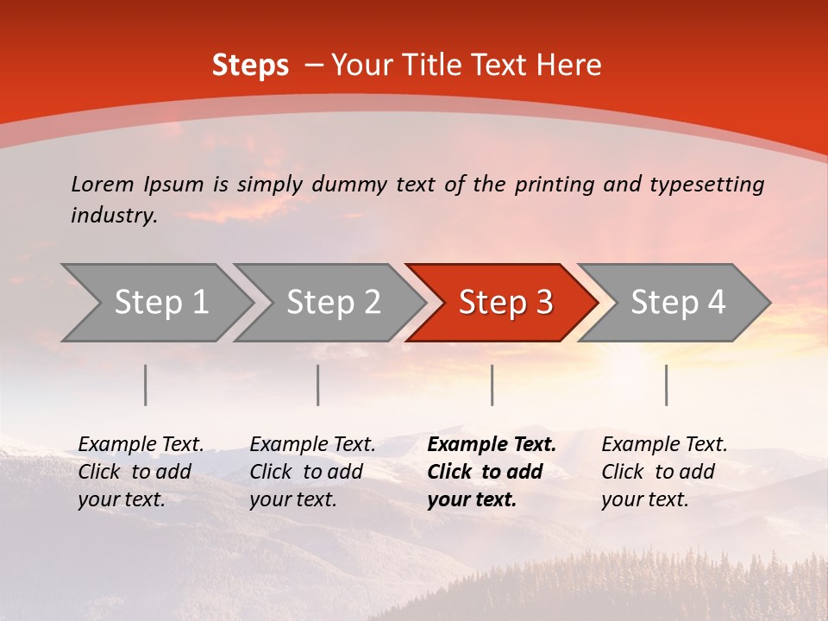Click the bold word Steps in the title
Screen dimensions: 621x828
(x=250, y=66)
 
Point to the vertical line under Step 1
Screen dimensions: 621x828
(x=146, y=385)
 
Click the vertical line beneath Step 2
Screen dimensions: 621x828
(x=318, y=385)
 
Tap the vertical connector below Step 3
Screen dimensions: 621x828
(x=492, y=385)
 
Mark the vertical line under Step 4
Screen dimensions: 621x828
(x=667, y=385)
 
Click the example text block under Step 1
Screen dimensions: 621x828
(x=141, y=472)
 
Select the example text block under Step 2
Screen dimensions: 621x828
(x=312, y=472)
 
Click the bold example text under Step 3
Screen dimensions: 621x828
(x=491, y=472)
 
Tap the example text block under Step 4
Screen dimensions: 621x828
(x=664, y=472)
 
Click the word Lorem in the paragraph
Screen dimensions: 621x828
(x=102, y=185)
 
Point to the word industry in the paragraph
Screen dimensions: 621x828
(x=113, y=216)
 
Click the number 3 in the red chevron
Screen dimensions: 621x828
(x=543, y=303)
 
